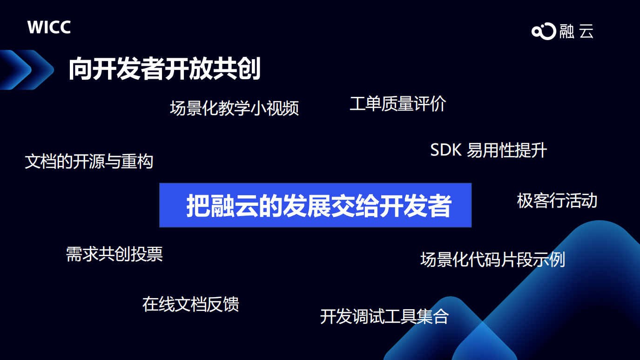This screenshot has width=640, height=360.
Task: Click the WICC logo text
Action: click(x=49, y=27)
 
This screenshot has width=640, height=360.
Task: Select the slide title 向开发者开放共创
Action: click(x=164, y=68)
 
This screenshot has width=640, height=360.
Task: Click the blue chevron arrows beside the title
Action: click(x=27, y=70)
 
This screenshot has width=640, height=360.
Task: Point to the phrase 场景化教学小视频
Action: click(x=234, y=108)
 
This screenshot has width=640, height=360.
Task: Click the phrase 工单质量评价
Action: click(x=397, y=103)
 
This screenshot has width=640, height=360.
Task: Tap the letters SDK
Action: click(x=446, y=150)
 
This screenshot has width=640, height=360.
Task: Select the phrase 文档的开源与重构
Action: click(x=89, y=161)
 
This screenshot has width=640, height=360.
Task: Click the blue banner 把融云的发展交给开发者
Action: click(x=315, y=205)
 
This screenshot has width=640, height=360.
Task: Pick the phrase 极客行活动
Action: click(x=557, y=200)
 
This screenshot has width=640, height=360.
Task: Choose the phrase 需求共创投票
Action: click(x=115, y=254)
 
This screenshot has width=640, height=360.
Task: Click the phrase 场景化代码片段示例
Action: click(x=492, y=259)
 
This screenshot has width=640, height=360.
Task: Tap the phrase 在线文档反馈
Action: click(x=190, y=304)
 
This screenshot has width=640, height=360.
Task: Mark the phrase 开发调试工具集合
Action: click(x=384, y=317)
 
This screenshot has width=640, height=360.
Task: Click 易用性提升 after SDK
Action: click(x=507, y=150)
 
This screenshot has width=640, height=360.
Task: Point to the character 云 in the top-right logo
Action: click(x=586, y=31)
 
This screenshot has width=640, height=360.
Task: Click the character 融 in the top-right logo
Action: click(x=567, y=31)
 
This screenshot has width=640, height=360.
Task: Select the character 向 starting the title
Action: click(x=80, y=69)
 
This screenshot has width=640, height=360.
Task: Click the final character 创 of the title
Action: click(x=249, y=68)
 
